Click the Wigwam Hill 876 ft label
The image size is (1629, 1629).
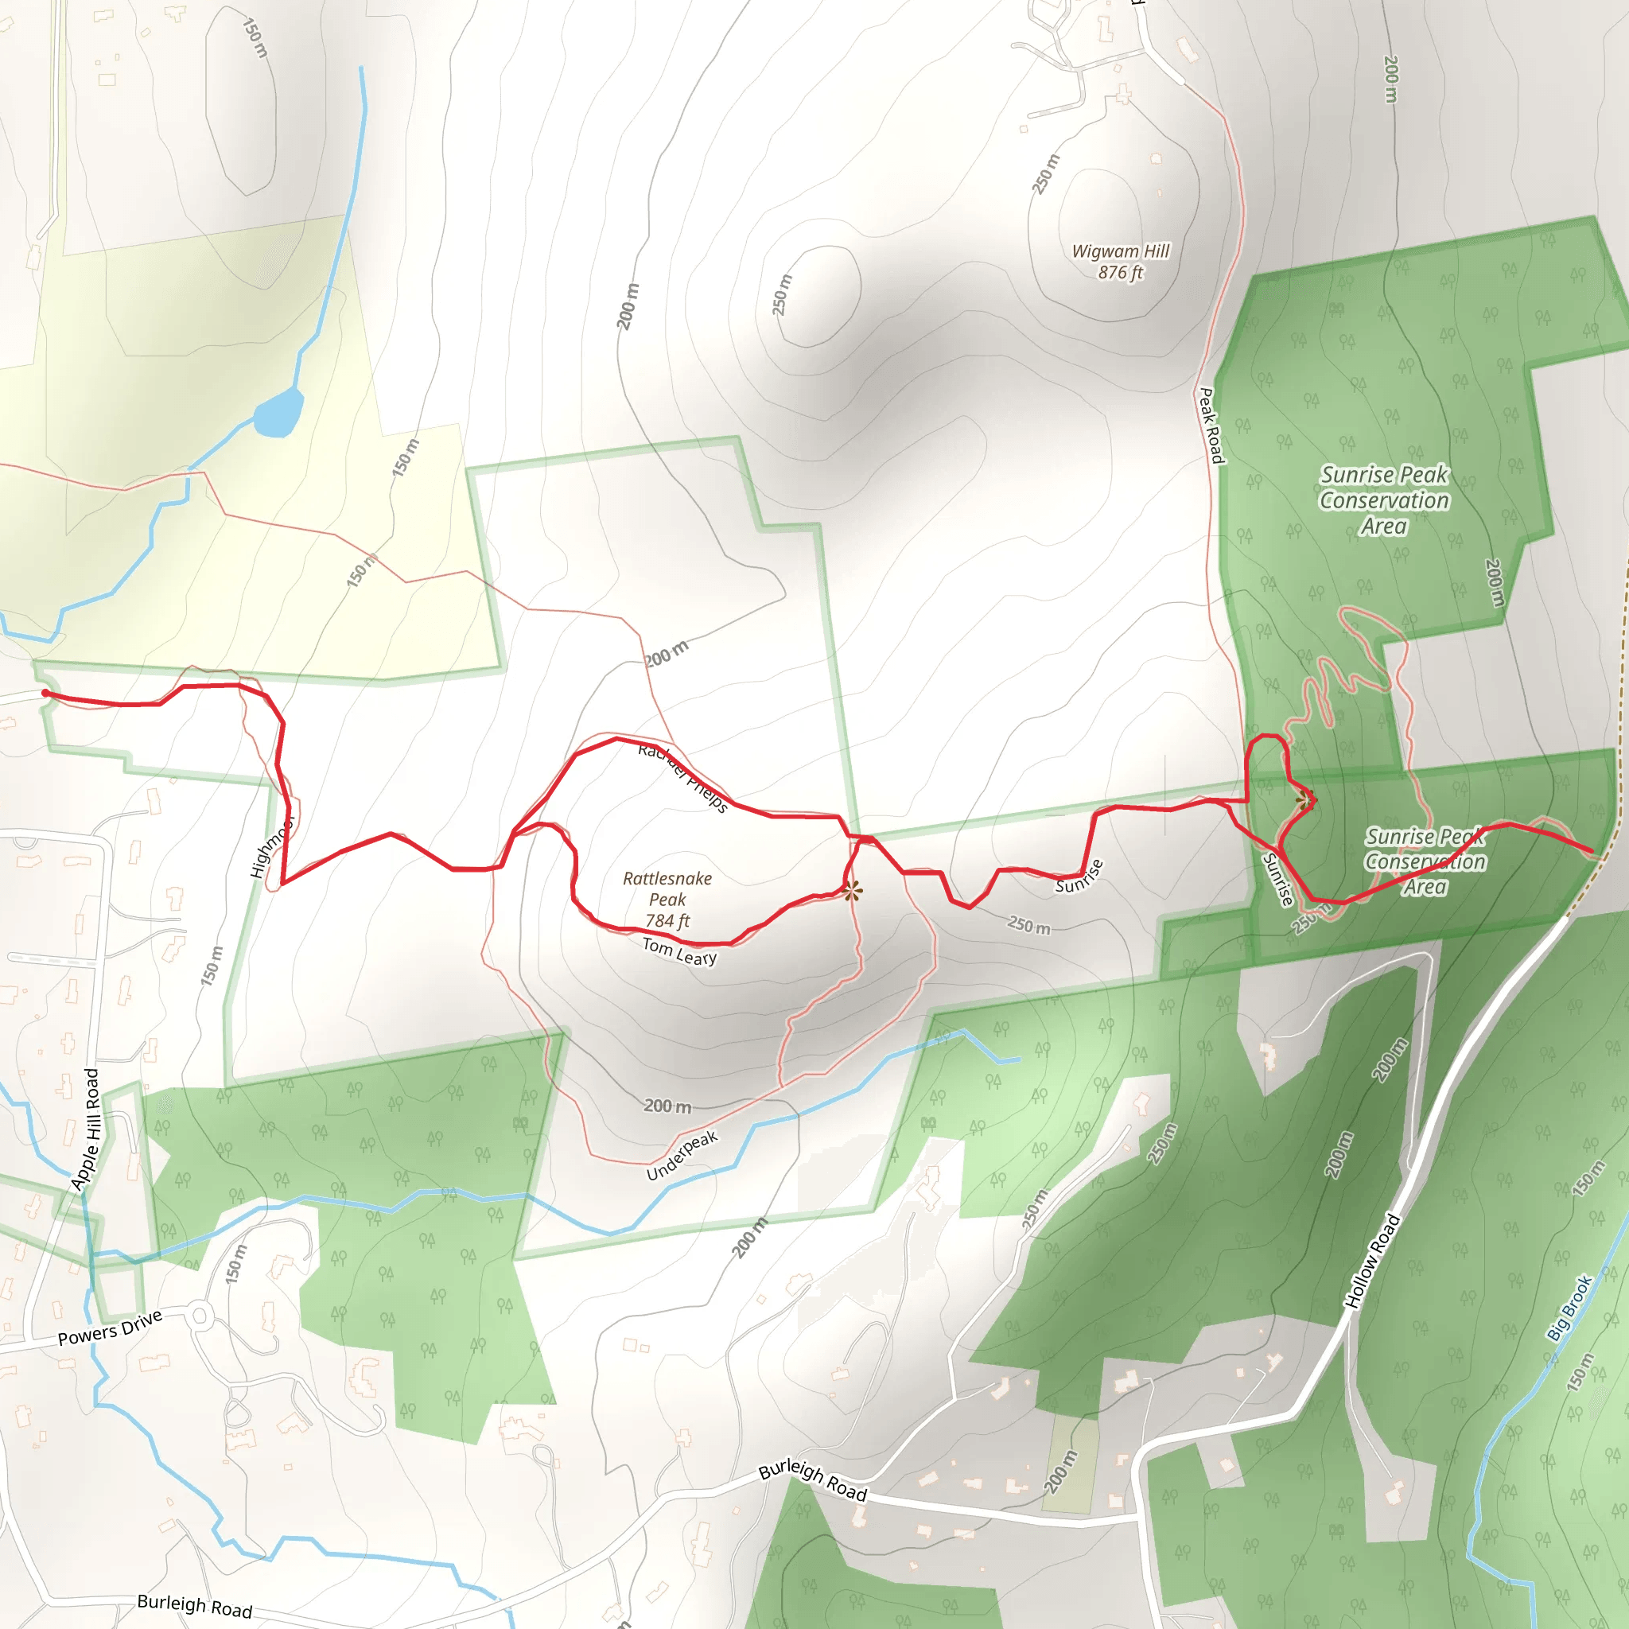(1120, 262)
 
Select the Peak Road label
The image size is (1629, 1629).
(1211, 425)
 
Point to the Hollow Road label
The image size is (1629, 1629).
(1372, 1261)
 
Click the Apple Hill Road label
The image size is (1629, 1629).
(85, 1129)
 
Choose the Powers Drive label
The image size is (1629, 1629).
(110, 1329)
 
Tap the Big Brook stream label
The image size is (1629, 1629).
(1569, 1307)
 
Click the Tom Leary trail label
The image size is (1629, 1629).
(679, 951)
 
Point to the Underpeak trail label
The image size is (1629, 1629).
(682, 1156)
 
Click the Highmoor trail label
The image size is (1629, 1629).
(272, 846)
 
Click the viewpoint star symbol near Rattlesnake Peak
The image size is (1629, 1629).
(852, 890)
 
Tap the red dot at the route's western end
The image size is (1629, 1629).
(45, 694)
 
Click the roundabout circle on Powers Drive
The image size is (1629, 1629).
(200, 1315)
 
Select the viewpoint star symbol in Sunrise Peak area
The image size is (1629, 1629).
(1304, 799)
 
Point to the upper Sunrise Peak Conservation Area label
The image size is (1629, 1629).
(1384, 500)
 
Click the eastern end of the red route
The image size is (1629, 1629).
(1591, 852)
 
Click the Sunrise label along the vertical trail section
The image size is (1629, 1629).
(1277, 880)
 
